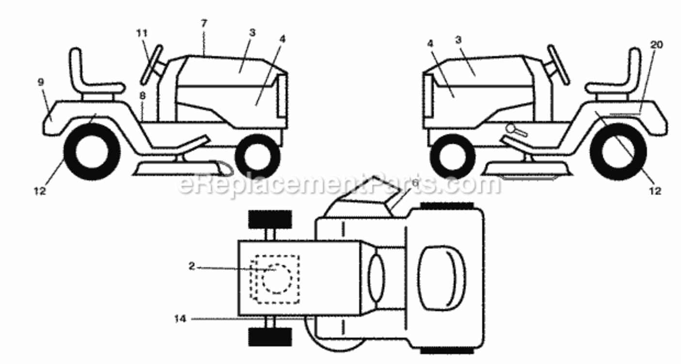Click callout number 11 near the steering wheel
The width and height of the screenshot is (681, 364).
coord(142,33)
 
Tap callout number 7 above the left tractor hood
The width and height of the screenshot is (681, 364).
coord(204,23)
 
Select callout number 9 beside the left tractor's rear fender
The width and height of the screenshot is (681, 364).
coord(41,82)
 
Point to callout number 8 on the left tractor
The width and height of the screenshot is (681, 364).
coord(143,96)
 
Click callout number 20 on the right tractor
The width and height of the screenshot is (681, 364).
coord(656,45)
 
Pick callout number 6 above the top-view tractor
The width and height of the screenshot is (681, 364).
coord(415,183)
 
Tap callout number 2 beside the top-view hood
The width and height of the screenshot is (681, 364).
coord(191,266)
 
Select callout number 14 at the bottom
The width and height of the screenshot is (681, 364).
coord(180,319)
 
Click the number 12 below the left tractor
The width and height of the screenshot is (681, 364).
coord(40,191)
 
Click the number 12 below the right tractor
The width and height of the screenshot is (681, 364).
coord(655,191)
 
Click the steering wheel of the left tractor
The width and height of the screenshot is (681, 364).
coord(152,65)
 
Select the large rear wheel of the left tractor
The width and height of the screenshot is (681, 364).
coord(92,152)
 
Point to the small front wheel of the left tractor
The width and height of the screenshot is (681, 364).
coord(258,156)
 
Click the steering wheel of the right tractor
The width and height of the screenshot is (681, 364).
coord(559,65)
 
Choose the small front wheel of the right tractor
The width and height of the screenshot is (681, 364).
coord(452,156)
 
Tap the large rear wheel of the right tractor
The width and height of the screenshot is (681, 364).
coord(618,152)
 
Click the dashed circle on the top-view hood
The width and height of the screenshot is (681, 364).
coord(277,279)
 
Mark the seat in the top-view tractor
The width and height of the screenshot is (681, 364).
coord(442,278)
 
